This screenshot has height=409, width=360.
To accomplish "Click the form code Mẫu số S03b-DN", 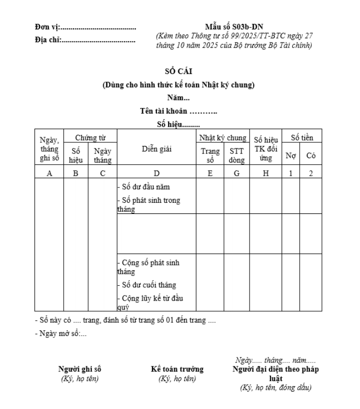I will click(234, 27).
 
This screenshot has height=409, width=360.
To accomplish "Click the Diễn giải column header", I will click(157, 148).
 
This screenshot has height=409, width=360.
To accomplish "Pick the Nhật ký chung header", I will click(223, 138).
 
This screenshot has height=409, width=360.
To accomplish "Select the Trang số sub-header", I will click(210, 155).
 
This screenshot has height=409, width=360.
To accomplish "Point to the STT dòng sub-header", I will click(236, 155).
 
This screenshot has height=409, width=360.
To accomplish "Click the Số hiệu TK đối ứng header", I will click(265, 149).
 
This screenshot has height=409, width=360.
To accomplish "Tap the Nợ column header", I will click(291, 156).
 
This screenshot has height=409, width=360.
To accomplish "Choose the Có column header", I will click(310, 156).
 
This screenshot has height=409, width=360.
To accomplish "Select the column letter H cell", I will click(265, 173).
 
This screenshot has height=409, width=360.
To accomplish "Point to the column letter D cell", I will click(157, 173).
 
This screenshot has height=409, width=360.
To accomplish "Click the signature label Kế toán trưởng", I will click(177, 369).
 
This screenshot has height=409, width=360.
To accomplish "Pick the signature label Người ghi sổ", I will click(83, 369).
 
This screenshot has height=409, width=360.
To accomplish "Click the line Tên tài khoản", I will click(178, 111).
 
